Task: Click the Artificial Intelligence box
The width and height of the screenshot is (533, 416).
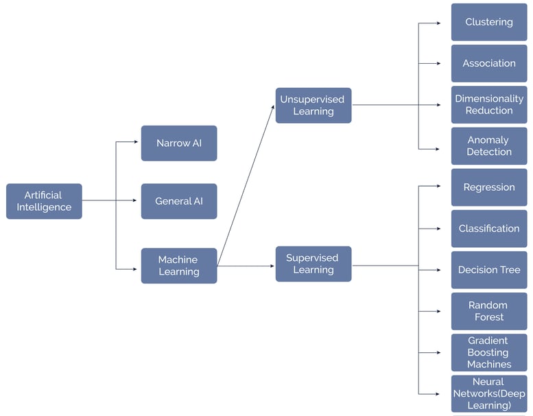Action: [x=44, y=201]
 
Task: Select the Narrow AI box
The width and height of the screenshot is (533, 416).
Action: [x=178, y=143]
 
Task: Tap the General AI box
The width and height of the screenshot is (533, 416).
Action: [x=178, y=201]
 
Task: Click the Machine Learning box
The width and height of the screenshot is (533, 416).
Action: [x=178, y=266]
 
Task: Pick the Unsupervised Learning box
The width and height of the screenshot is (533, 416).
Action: [x=313, y=105]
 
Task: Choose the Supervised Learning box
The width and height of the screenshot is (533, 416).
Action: [x=313, y=264]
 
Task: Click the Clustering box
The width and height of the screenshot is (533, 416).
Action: [x=488, y=22]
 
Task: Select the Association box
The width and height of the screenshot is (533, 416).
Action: [x=488, y=63]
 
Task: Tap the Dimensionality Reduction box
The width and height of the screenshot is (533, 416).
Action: [x=488, y=104]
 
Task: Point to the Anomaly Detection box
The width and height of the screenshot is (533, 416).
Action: [x=488, y=146]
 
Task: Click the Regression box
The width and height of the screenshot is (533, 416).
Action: [x=488, y=187]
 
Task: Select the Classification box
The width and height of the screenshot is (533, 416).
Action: [x=488, y=229]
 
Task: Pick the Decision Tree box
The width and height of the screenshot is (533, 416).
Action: [x=488, y=270]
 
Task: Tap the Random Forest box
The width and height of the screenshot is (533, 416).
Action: [x=488, y=311]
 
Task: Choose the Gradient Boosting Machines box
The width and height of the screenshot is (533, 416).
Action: [x=488, y=352]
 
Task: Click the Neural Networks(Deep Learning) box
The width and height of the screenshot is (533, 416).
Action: [x=488, y=393]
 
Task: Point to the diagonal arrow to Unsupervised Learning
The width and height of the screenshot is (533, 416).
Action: [x=246, y=186]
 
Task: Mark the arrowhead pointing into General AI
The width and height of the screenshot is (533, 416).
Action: [x=134, y=201]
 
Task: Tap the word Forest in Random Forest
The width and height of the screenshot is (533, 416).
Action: [x=488, y=317]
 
